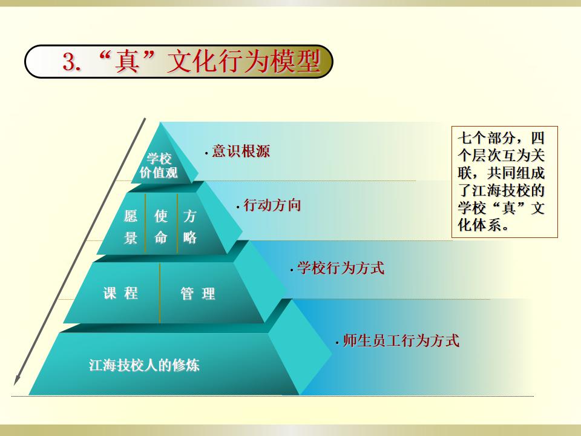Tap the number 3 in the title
pos(69,62)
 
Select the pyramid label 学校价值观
pos(159,165)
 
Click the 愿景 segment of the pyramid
pos(131,226)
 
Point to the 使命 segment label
pos(161,226)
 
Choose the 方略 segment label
pos(189,226)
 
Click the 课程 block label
pos(120,293)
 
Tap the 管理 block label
pos(198,294)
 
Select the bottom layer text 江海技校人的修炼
pos(144,365)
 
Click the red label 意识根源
pos(241,151)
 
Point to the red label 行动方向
pos(272,205)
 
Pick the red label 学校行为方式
pos(341,268)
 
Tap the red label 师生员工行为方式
pos(401,340)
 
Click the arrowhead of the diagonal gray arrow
pos(17,380)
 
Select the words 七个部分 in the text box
pos(486,138)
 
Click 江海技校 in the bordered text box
pos(501,190)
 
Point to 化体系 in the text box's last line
pos(479,225)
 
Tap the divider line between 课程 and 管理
pos(160,293)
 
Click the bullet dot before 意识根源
pos(206,153)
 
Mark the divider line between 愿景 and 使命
pos(145,223)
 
